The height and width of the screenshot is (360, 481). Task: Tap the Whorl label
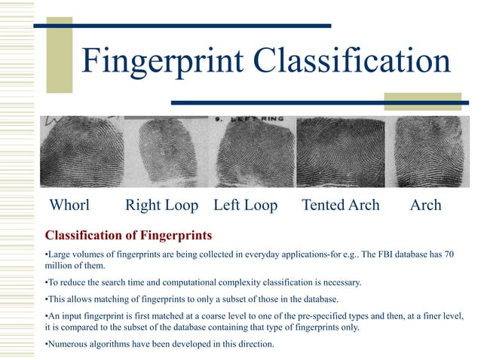[69, 205]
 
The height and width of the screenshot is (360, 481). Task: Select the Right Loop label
[161, 205]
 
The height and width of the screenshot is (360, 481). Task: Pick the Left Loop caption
[245, 205]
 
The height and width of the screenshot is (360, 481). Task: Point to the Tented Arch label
[340, 205]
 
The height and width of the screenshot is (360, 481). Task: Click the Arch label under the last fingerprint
[425, 205]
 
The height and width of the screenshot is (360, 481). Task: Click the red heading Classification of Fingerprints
[129, 235]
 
